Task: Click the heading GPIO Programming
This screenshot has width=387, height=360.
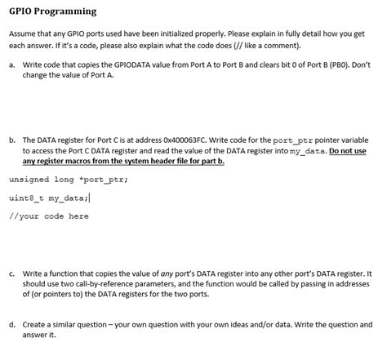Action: tap(52, 11)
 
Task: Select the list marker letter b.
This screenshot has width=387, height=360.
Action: tap(11, 140)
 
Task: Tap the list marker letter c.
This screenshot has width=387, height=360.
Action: tap(11, 274)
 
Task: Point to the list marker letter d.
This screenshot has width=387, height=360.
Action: tap(11, 324)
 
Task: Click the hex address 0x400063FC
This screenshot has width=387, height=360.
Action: tap(184, 140)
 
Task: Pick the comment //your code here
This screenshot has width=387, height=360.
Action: tap(49, 216)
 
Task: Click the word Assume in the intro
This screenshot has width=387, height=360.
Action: tap(23, 36)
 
